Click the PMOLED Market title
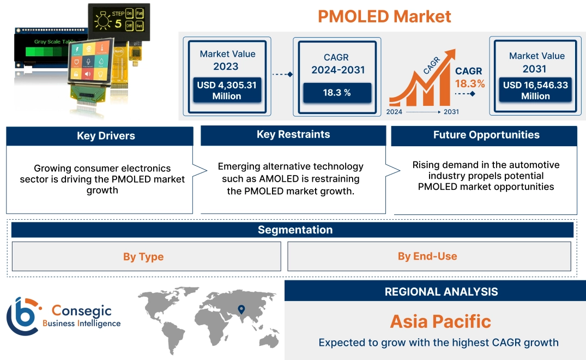(384, 16)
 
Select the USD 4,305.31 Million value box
(226, 91)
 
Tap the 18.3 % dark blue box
(337, 93)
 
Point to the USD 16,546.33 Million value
(535, 91)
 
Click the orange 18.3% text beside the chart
(469, 83)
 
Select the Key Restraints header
(293, 135)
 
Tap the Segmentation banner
(295, 230)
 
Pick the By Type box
(143, 256)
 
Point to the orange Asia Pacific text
(440, 321)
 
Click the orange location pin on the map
(240, 310)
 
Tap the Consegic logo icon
(22, 316)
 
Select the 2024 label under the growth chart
(395, 112)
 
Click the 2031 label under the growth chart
(451, 112)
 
